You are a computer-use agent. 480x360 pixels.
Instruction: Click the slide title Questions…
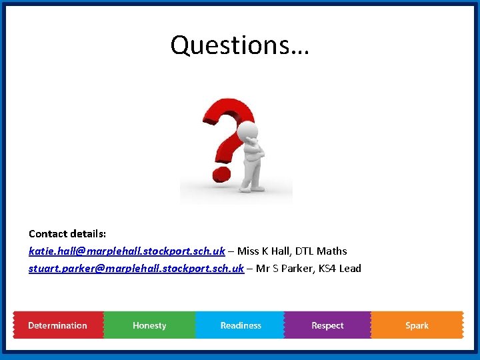coord(239,45)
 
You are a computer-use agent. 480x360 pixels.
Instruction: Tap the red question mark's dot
coord(219,175)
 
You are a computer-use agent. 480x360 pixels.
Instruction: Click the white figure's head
coord(248,129)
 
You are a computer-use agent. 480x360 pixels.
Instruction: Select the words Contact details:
coord(67,233)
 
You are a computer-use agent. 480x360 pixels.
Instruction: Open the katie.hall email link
coord(127,251)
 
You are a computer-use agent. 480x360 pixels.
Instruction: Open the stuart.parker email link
coord(136,269)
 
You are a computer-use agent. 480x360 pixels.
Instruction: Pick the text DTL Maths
coord(322,251)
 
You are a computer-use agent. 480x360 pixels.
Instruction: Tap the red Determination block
coord(58,325)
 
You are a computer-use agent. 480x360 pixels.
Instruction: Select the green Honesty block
coord(149,325)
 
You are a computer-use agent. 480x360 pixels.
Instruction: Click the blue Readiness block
coord(241,325)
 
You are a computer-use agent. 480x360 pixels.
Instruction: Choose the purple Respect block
coord(327,325)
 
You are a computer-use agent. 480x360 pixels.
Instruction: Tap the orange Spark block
coord(417,325)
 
